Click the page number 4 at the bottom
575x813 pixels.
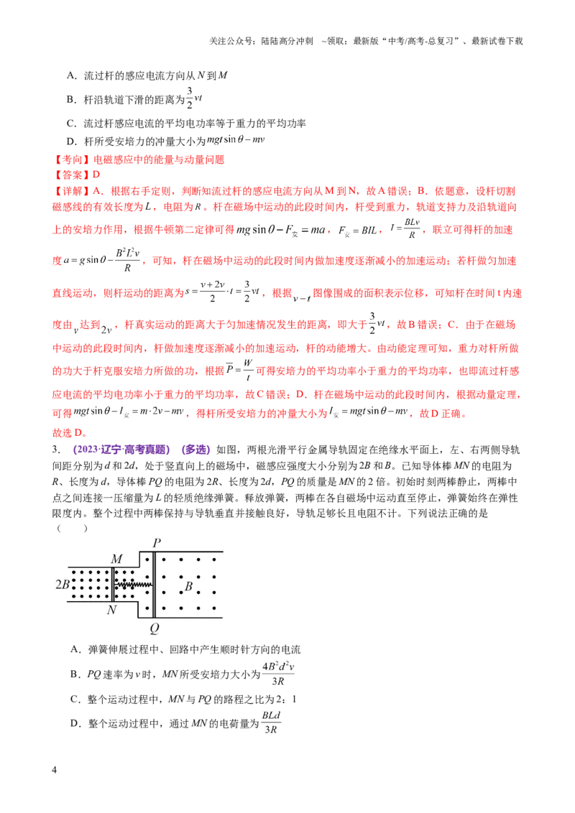point(55,769)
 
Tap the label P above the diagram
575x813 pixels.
point(157,543)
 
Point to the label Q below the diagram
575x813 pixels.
point(155,629)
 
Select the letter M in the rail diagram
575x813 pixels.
point(116,559)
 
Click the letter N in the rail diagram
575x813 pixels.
point(112,610)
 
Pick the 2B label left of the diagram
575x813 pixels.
point(63,585)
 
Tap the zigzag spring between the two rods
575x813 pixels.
point(133,585)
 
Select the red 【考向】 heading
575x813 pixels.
point(72,159)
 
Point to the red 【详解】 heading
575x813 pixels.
point(72,191)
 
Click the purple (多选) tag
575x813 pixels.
point(195,450)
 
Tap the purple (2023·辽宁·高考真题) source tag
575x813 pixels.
point(121,450)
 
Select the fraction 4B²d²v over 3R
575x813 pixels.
point(278,674)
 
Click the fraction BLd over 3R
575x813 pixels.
point(271,723)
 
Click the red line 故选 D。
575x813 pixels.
point(70,432)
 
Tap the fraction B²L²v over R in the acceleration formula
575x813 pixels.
point(127,260)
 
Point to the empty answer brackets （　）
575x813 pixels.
point(72,529)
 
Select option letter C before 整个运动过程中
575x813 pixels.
point(74,700)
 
